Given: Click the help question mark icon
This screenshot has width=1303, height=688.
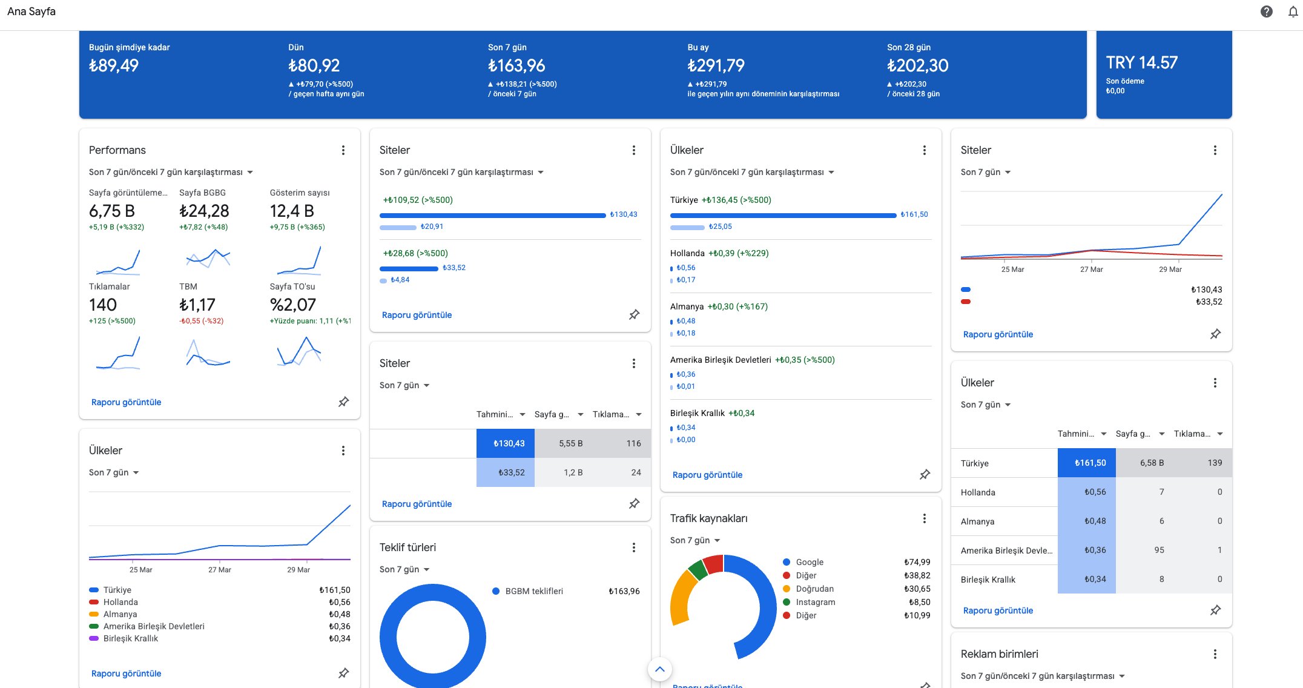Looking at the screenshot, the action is point(1267,12).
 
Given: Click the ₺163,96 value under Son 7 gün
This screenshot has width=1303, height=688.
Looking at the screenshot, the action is point(516,65).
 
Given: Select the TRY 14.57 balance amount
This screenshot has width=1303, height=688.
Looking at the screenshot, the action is point(1142,62).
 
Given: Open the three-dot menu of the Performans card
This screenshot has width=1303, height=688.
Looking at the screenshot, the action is point(343,150).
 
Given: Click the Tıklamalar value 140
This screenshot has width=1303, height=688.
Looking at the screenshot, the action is point(103,305).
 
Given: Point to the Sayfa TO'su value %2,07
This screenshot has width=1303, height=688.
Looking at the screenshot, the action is point(293,305).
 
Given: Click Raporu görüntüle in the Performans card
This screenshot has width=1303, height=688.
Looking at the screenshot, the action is point(126,402).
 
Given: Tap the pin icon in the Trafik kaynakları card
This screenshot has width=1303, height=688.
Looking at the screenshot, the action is point(925,684).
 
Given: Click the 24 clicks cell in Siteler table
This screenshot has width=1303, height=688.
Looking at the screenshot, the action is point(636,472).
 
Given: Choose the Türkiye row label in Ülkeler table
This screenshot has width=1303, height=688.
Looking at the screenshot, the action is point(975,463).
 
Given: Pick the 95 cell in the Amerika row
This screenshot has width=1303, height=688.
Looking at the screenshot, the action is point(1160,550).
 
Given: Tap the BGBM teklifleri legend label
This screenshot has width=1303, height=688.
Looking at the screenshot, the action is point(534,591).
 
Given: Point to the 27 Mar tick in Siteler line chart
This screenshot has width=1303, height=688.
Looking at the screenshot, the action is point(1092,270).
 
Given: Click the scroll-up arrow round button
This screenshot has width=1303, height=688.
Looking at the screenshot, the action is point(660,669).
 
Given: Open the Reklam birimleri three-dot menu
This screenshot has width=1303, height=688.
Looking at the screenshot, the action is point(1215,654).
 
